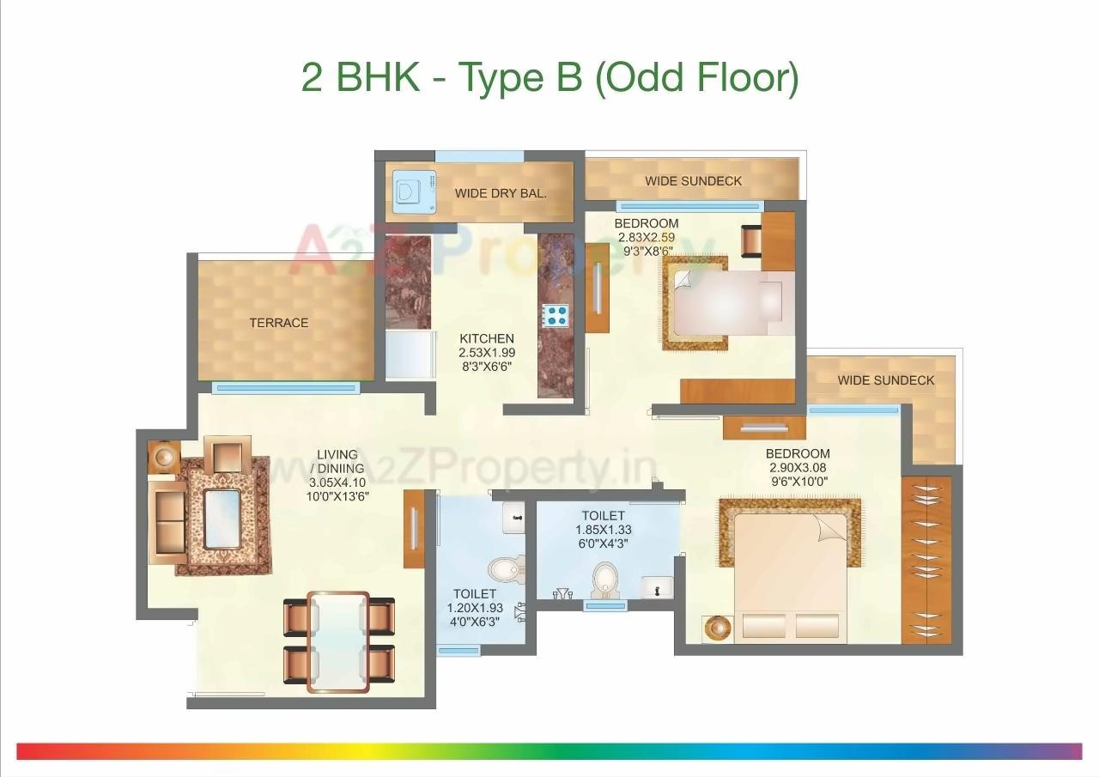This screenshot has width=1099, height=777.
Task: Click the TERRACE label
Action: point(278,323)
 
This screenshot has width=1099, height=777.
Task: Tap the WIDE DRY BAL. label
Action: point(501,193)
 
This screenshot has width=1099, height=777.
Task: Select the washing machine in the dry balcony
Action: point(404,194)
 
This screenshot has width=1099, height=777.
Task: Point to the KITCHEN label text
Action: point(487,338)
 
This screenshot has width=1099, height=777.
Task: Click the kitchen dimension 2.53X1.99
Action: point(487,352)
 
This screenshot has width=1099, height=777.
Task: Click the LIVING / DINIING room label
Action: point(340,461)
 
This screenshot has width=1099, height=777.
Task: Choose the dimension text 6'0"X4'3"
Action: point(603,543)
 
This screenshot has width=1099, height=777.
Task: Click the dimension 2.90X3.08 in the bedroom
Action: point(798,468)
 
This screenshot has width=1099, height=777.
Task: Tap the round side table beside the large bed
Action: point(715,628)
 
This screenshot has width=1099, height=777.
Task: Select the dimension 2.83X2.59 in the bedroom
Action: point(646,237)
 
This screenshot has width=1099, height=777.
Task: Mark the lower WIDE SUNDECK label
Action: point(886,380)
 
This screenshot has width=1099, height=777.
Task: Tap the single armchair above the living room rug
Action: point(228,454)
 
